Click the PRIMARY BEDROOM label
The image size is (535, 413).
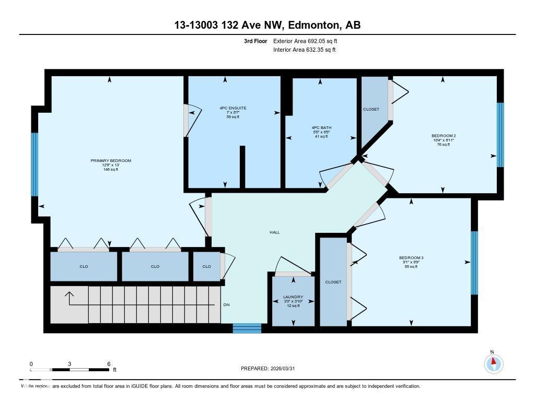point(110,161)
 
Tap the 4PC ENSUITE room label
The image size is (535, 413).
point(232,108)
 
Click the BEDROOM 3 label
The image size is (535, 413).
point(411,258)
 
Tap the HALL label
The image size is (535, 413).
point(274,232)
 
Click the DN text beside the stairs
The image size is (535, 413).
point(226,305)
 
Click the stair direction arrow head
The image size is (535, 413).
point(69,294)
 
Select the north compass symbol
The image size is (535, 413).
point(493,363)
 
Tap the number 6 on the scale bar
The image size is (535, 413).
point(108,364)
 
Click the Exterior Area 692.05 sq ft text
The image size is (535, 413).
point(309,41)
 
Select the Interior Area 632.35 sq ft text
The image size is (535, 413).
point(304,50)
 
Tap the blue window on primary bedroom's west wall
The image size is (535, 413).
point(34,164)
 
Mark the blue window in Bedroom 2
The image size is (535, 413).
point(500,135)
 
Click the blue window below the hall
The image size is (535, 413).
point(247,328)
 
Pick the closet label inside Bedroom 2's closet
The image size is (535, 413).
point(371,109)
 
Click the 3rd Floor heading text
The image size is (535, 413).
point(256,41)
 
